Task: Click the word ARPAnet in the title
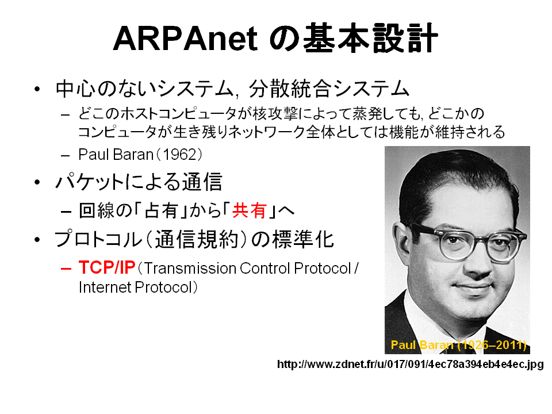(185, 39)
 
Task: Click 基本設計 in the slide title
(370, 38)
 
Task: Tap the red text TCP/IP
(107, 267)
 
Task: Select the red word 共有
(249, 210)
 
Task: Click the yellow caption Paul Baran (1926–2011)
(458, 344)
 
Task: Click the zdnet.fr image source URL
(411, 364)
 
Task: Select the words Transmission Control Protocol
(247, 269)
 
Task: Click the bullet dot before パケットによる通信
(37, 182)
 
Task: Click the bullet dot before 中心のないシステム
(37, 89)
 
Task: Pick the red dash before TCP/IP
(66, 269)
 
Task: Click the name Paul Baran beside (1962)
(116, 155)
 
